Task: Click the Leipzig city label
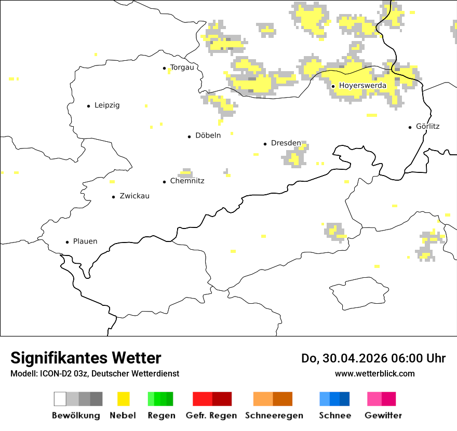[x=107, y=105]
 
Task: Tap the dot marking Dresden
[x=265, y=143]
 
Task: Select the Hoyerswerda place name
[x=362, y=86]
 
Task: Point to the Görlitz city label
[x=428, y=126]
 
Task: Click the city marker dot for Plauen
[x=68, y=242]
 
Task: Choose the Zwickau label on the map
[x=135, y=196]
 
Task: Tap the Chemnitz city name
[x=187, y=181]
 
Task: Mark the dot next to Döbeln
[x=190, y=137]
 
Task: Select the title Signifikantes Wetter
[x=86, y=358]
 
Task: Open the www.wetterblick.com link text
[x=374, y=373]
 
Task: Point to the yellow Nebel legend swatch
[x=124, y=399]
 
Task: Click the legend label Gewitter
[x=383, y=415]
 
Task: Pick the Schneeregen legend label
[x=274, y=415]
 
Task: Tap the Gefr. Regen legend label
[x=211, y=415]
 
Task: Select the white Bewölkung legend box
[x=60, y=399]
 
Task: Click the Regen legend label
[x=161, y=415]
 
